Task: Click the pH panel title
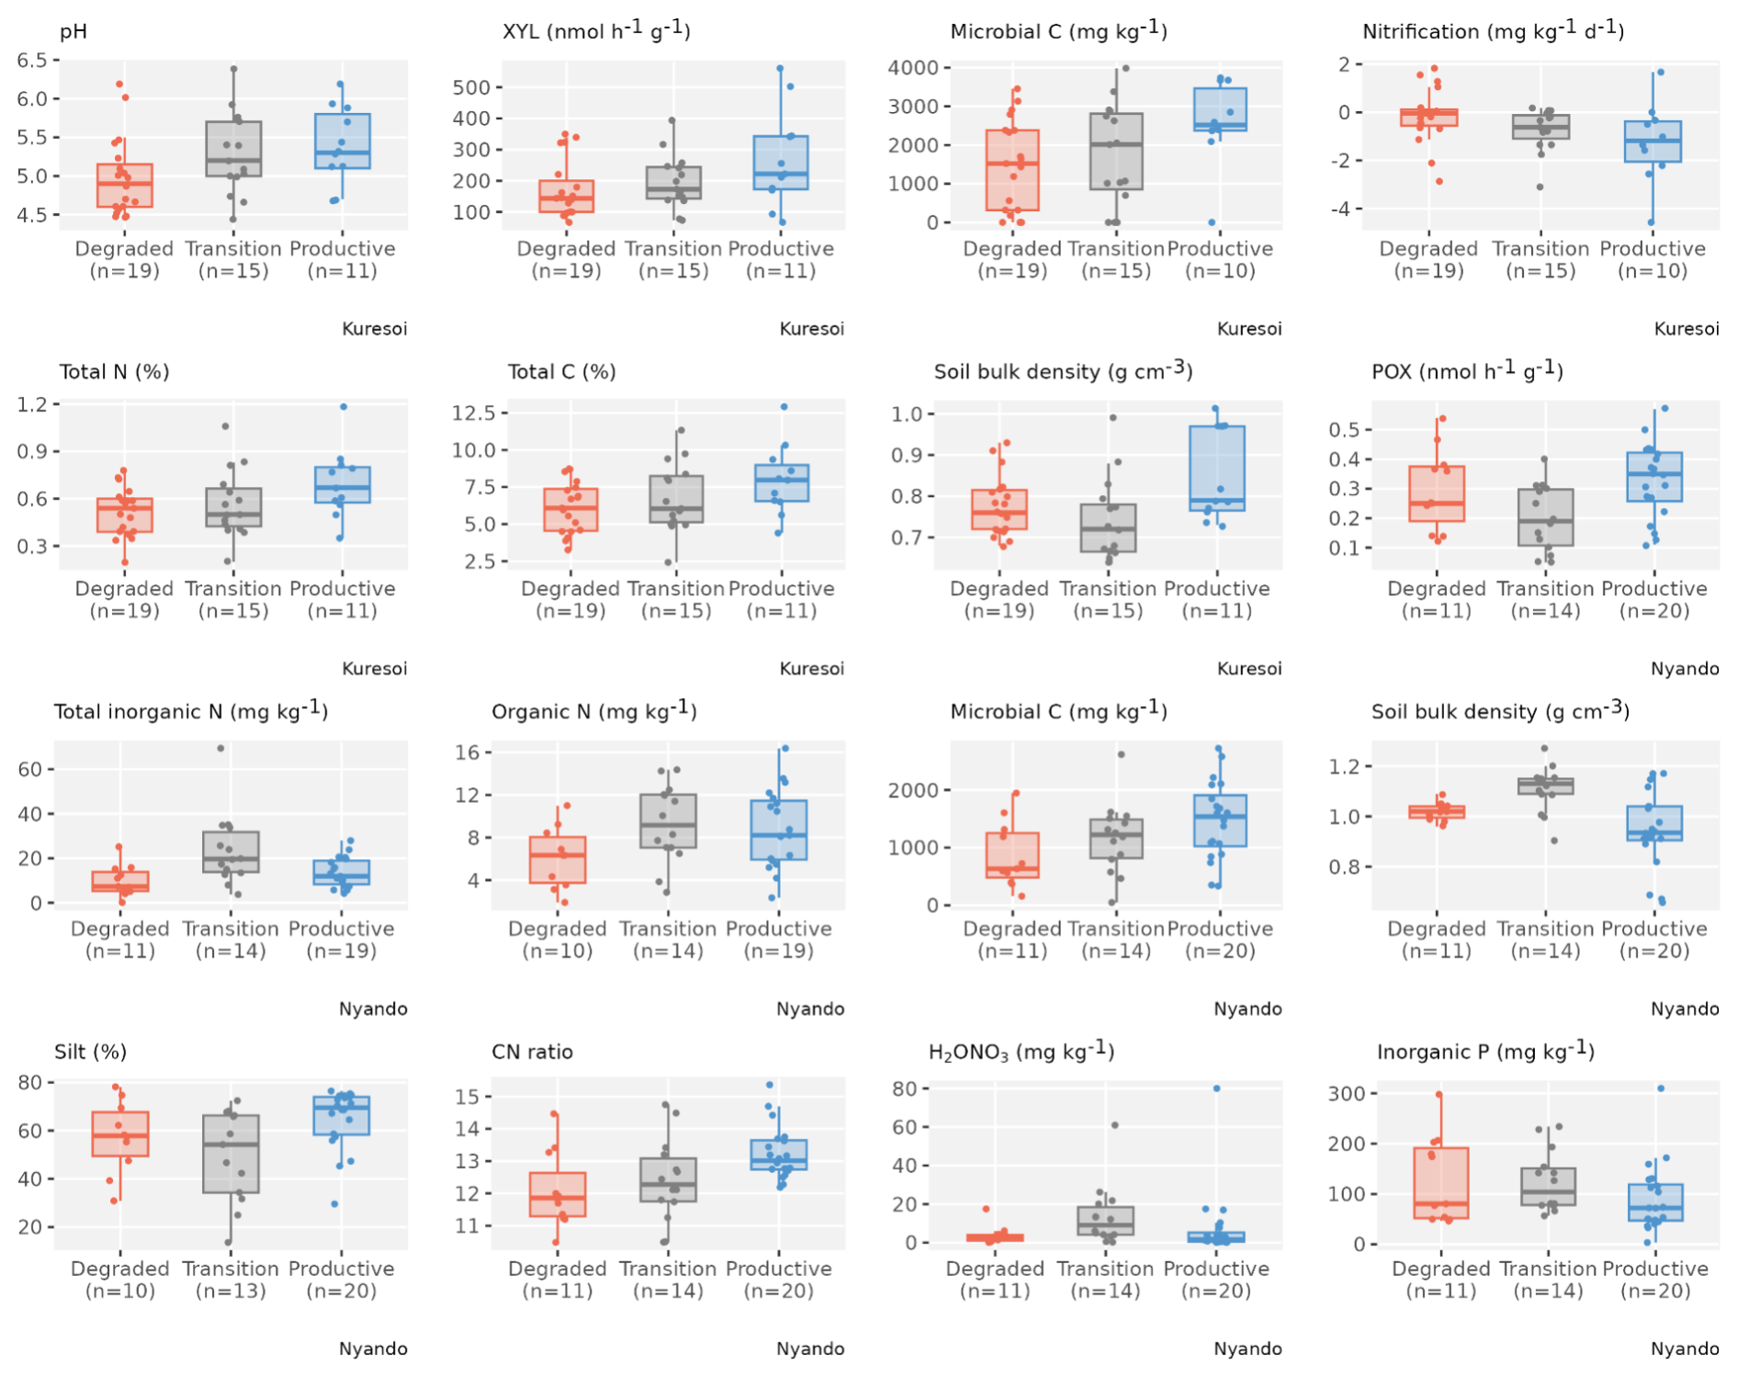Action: pos(73,32)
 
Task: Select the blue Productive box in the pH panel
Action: pos(342,141)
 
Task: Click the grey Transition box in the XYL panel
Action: pos(673,183)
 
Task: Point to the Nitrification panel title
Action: pos(1493,31)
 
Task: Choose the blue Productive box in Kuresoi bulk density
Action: pos(1216,468)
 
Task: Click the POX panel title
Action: pos(1467,371)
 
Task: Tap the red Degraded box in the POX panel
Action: pos(1437,493)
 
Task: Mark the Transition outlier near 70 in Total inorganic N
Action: pos(220,748)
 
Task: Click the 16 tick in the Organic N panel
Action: pos(468,752)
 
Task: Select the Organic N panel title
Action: pos(593,711)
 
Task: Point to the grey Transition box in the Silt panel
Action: pos(230,1154)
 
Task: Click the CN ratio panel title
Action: pos(532,1052)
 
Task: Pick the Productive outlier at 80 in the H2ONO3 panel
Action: pos(1216,1089)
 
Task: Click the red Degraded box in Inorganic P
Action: pos(1440,1182)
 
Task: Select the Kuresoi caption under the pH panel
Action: pos(374,329)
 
